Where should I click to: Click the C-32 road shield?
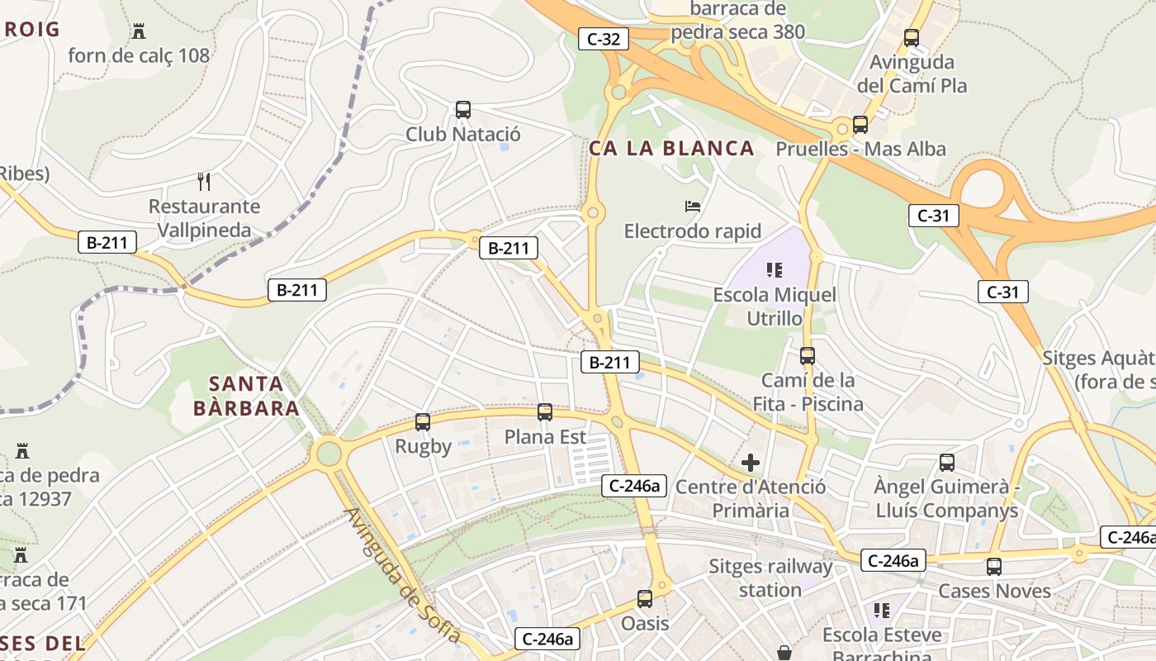point(604,38)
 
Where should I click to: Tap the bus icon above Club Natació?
point(463,109)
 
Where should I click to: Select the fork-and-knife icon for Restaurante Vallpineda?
point(204,181)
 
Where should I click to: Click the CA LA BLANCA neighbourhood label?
point(671,149)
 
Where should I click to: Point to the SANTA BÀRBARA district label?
point(246,396)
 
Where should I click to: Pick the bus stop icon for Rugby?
point(423,422)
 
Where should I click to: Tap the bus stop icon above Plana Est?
point(545,411)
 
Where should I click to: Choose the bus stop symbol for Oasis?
point(645,598)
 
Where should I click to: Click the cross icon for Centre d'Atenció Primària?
point(751,463)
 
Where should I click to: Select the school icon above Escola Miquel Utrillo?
point(775,269)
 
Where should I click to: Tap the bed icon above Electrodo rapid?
point(693,206)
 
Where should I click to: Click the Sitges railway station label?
point(770,578)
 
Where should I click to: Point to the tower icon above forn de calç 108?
point(139,31)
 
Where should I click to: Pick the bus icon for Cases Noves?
point(994,567)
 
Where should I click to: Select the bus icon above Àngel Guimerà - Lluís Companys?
point(947,463)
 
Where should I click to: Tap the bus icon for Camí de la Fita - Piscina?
point(808,356)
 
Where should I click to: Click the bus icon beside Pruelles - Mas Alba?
point(860,125)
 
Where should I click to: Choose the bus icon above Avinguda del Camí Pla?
point(912,37)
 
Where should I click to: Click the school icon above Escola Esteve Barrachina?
point(882,611)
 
